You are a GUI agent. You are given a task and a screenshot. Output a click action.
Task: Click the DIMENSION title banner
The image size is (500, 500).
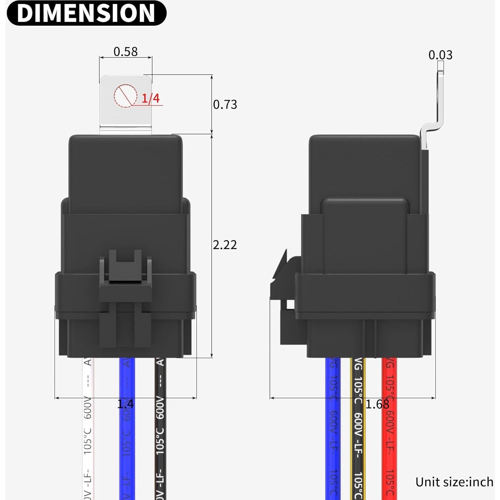pyautogui.click(x=86, y=13)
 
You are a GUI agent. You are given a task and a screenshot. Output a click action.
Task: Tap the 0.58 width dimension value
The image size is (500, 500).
pyautogui.click(x=125, y=52)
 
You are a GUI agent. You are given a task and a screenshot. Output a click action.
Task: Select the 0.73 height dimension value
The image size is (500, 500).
pyautogui.click(x=225, y=104)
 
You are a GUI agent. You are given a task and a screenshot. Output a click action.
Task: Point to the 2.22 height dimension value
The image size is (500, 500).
pyautogui.click(x=225, y=245)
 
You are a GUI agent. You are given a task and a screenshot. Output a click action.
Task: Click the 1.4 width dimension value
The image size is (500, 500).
pyautogui.click(x=125, y=404)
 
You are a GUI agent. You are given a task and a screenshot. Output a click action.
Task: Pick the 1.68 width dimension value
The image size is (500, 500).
pyautogui.click(x=377, y=404)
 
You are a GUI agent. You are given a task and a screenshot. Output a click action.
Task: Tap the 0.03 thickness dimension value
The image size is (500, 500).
pyautogui.click(x=440, y=55)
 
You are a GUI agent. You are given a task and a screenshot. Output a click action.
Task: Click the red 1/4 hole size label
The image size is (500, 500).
pyautogui.click(x=150, y=98)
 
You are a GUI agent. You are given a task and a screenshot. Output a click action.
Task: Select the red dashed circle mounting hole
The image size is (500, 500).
pyautogui.click(x=126, y=96)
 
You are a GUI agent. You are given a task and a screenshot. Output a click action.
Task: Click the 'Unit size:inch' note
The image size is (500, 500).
pyautogui.click(x=454, y=482)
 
